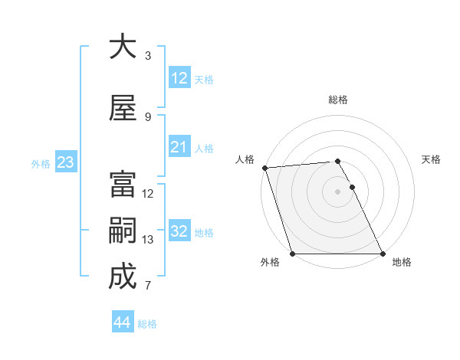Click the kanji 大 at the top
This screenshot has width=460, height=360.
point(123,47)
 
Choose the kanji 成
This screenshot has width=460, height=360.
point(123,277)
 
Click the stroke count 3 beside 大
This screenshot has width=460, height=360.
point(148,56)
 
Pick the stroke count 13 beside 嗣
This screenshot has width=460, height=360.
point(148,240)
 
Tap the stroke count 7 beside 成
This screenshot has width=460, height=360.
point(148,286)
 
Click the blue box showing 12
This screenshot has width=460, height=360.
point(179,78)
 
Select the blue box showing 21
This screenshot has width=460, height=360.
point(179,147)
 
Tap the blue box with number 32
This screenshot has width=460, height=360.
point(179,231)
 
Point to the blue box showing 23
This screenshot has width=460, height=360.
point(65,162)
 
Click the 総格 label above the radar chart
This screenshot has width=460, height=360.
point(338,100)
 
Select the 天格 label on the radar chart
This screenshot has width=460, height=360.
point(432,159)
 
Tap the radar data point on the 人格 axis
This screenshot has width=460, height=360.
point(264,168)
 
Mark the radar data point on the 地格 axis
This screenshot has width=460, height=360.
point(383,254)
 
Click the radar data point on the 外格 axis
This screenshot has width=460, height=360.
point(292,254)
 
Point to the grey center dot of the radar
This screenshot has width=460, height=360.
point(337,191)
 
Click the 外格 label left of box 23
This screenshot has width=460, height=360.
point(41,163)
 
